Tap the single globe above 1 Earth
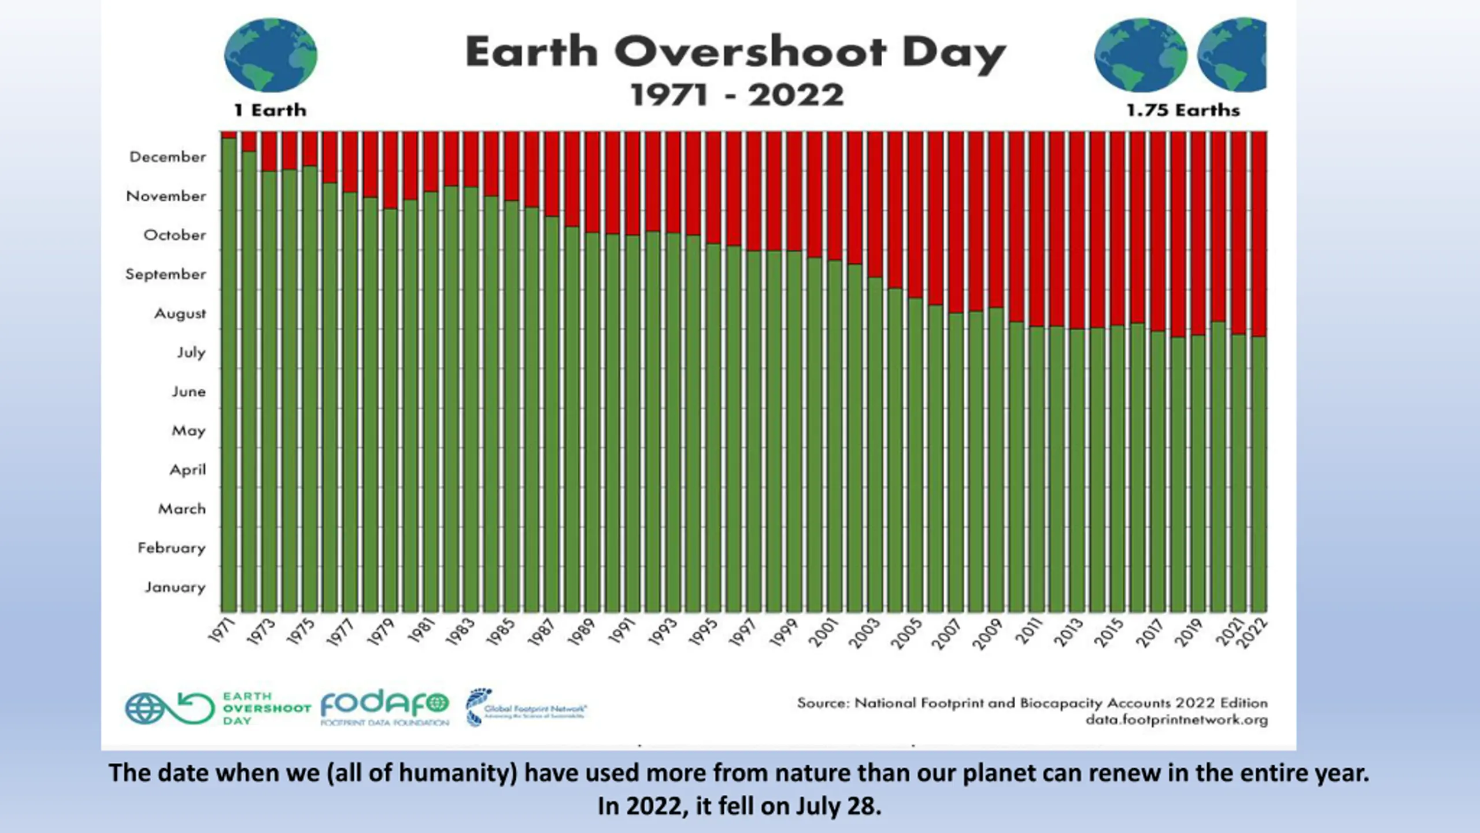pyautogui.click(x=271, y=55)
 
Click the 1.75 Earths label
pyautogui.click(x=1183, y=110)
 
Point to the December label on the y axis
pyautogui.click(x=168, y=157)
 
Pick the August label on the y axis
pyautogui.click(x=180, y=314)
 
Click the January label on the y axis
pyautogui.click(x=175, y=587)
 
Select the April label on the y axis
pyautogui.click(x=187, y=470)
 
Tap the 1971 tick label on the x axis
pyautogui.click(x=223, y=631)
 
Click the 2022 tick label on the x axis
pyautogui.click(x=1255, y=633)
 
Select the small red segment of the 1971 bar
pyautogui.click(x=229, y=135)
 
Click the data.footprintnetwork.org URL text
pyautogui.click(x=1176, y=720)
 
